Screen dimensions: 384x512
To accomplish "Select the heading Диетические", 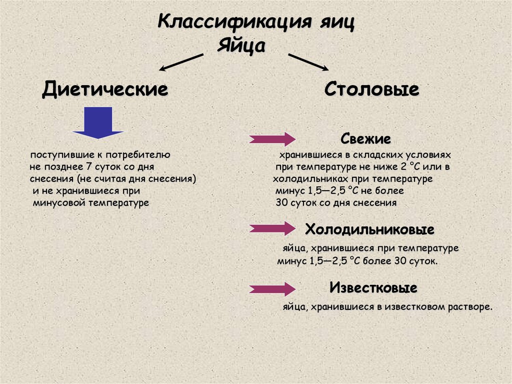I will tap(105, 90).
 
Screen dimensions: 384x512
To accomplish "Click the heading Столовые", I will tap(371, 90).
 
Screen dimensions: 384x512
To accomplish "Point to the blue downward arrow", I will tap(98, 123).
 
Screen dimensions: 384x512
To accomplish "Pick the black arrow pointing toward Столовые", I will tap(307, 62).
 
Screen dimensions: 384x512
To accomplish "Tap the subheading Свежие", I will tap(365, 138).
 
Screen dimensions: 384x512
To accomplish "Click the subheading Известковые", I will tap(373, 288).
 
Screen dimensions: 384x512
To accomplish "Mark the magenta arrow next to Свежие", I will tap(272, 139).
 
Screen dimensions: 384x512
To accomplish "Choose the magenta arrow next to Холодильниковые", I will tap(272, 229).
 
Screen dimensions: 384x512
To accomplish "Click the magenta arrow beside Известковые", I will tap(272, 288).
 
